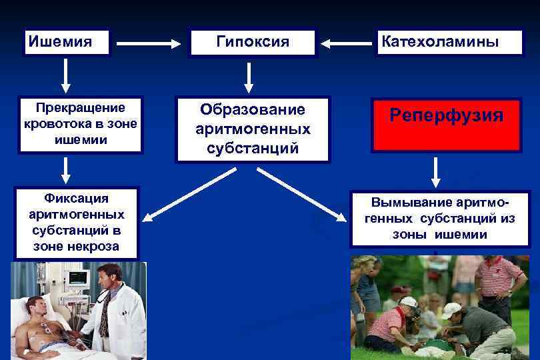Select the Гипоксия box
pyautogui.click(x=253, y=42)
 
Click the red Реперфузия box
pyautogui.click(x=446, y=125)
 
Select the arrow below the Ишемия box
pyautogui.click(x=65, y=75)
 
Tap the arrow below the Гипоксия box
pyautogui.click(x=249, y=77)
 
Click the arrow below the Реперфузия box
pyautogui.click(x=435, y=171)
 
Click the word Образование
pyautogui.click(x=253, y=109)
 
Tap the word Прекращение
pyautogui.click(x=81, y=107)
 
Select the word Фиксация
pyautogui.click(x=77, y=198)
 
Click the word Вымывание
pyautogui.click(x=411, y=202)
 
